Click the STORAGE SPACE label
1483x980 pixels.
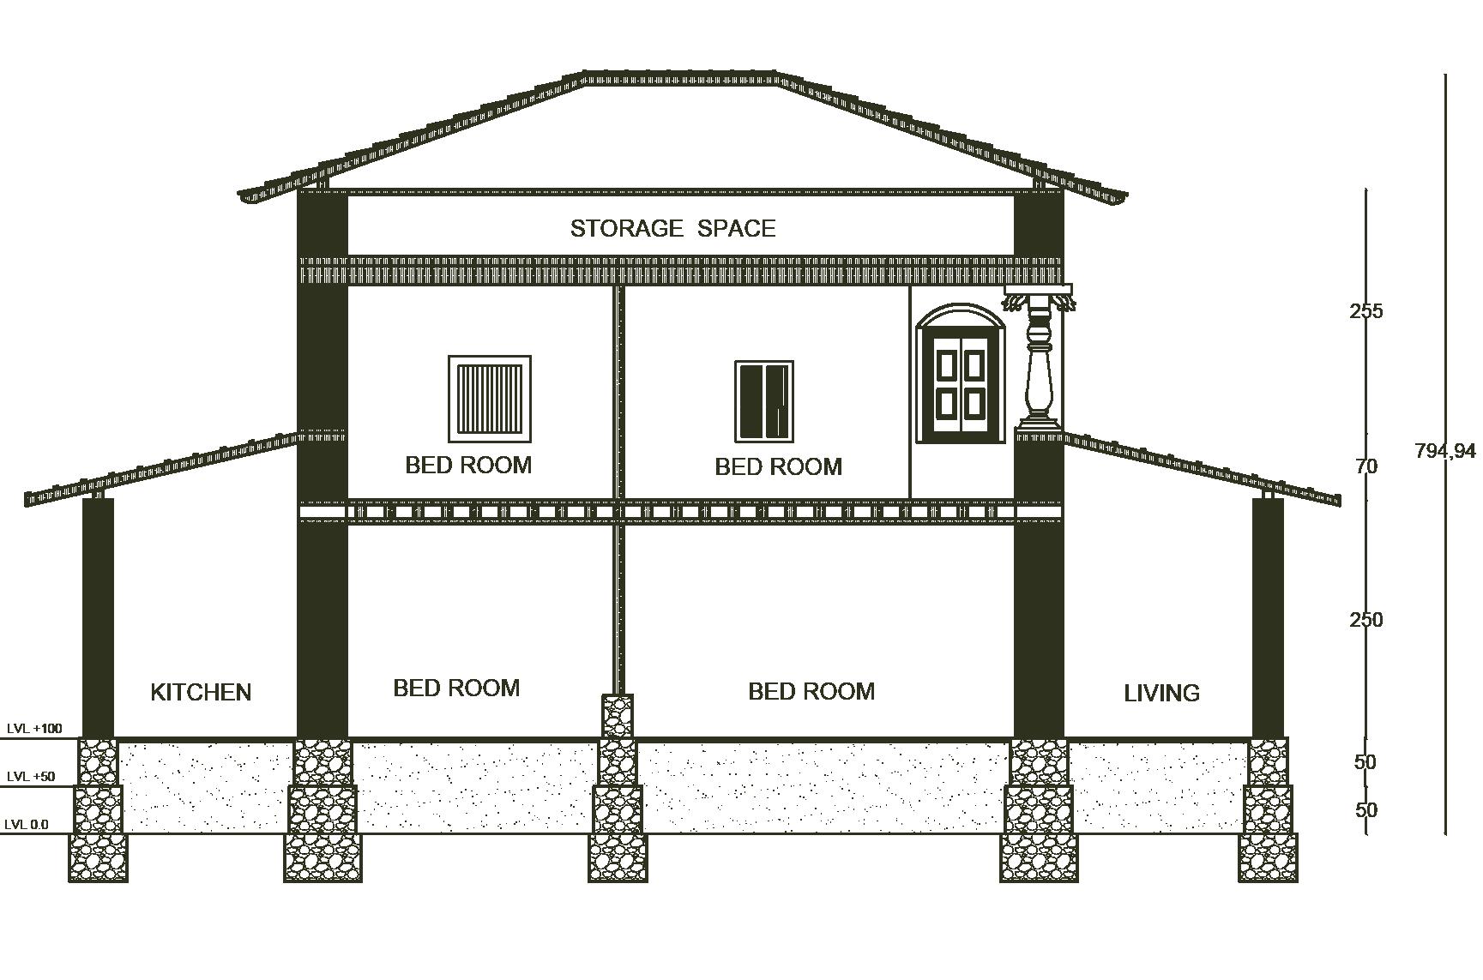pyautogui.click(x=672, y=228)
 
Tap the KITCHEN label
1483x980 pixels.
pyautogui.click(x=201, y=692)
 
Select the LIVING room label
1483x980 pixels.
pyautogui.click(x=1161, y=693)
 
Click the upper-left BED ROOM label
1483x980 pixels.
pyautogui.click(x=468, y=465)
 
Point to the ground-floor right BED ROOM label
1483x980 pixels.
pyautogui.click(x=811, y=691)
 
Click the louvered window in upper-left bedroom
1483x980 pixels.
pyautogui.click(x=490, y=399)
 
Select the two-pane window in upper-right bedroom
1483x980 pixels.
pyautogui.click(x=763, y=401)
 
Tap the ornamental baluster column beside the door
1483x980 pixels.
pyautogui.click(x=1039, y=364)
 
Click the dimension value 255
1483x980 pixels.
pyautogui.click(x=1365, y=311)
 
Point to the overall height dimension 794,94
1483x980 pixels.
pyautogui.click(x=1445, y=450)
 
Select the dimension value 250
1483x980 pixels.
pyautogui.click(x=1365, y=619)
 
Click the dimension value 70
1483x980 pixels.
pyautogui.click(x=1365, y=466)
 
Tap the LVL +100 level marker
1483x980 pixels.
pyautogui.click(x=34, y=729)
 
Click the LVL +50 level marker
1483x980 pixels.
pyautogui.click(x=31, y=777)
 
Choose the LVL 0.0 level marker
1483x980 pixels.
pyautogui.click(x=27, y=825)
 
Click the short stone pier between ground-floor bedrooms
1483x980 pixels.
pyautogui.click(x=618, y=716)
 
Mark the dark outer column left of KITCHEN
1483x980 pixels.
pyautogui.click(x=98, y=617)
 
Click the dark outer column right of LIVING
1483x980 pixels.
pyautogui.click(x=1268, y=617)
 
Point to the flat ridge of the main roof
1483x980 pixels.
pyautogui.click(x=682, y=77)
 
